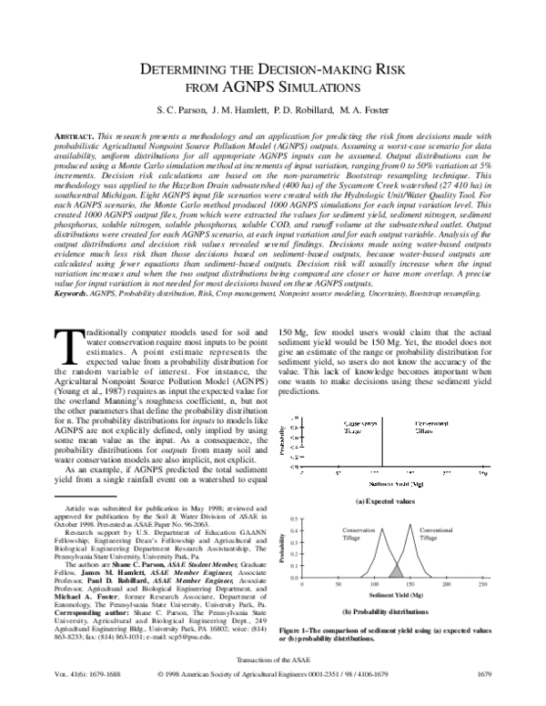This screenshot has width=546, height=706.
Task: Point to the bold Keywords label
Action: coord(77,269)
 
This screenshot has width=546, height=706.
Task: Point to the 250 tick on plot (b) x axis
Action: coord(487,583)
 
